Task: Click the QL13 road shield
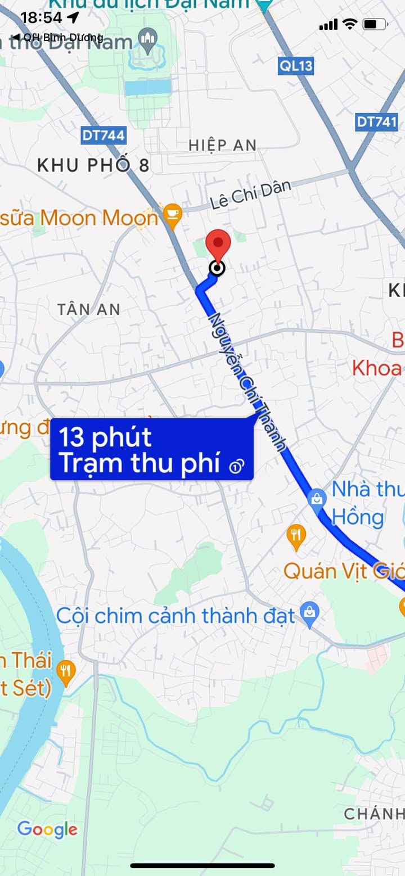pos(296,66)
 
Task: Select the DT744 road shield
pos(103,135)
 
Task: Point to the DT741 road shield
pos(377,121)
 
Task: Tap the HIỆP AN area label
pos(223,145)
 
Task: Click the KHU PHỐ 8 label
pos(93,165)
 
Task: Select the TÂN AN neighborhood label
pos(89,309)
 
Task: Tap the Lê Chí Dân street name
pos(251,194)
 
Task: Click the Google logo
pos(47,829)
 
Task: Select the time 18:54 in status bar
pos(41,17)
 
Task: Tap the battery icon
pos(375,24)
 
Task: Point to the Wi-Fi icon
pos(350,24)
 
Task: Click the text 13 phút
pos(105,437)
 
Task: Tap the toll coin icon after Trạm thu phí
pos(237,466)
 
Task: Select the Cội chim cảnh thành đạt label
pos(175,616)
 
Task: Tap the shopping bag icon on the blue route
pos(317,498)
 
